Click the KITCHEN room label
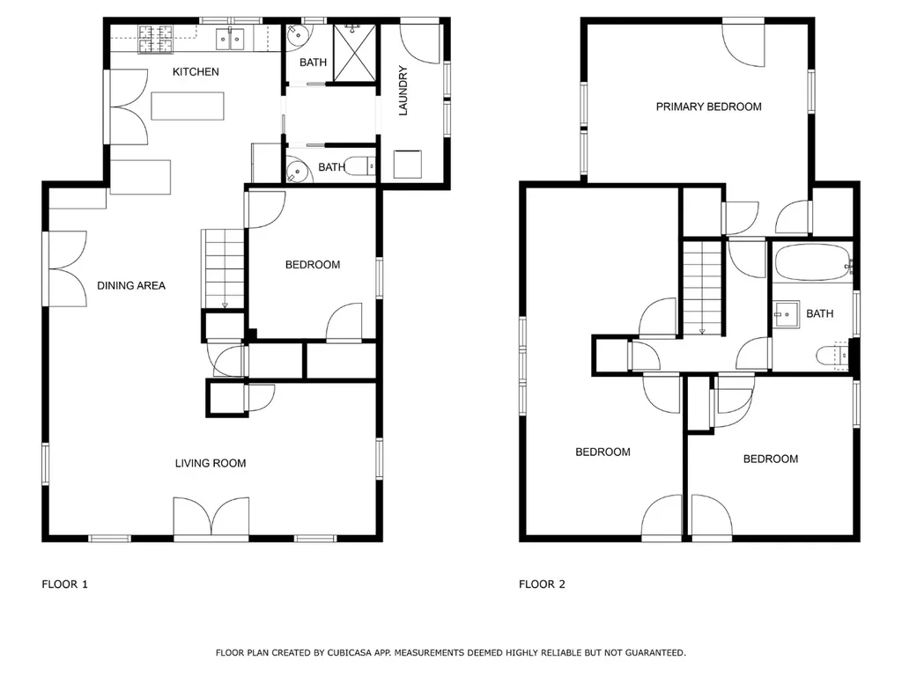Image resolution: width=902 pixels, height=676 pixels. [x=196, y=71]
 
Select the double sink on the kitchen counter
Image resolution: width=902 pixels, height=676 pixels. [x=232, y=38]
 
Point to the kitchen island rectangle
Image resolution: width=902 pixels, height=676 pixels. [x=188, y=106]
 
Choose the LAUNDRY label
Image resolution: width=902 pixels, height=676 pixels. [x=403, y=91]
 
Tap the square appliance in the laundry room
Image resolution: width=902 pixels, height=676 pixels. [x=407, y=164]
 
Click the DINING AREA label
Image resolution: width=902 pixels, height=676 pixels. [x=131, y=285]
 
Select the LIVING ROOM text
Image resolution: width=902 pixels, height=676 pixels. [x=210, y=463]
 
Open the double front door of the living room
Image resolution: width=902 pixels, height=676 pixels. [x=211, y=518]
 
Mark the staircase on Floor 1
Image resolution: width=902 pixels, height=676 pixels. [x=224, y=268]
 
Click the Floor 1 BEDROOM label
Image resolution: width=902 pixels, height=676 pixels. [x=312, y=264]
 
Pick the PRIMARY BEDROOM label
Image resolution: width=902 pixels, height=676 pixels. [x=708, y=107]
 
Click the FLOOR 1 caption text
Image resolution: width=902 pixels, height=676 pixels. [x=65, y=584]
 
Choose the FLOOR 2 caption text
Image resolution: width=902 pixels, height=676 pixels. [x=542, y=584]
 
